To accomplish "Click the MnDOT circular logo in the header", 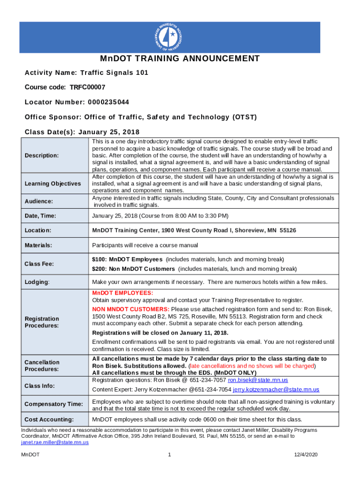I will (170, 37).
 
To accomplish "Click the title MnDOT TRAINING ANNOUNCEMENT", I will (180, 58).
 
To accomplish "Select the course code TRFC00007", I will (87, 87).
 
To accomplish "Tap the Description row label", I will (42, 155).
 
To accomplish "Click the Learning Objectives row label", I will (53, 184).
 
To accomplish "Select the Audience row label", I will (39, 201).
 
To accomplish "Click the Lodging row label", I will (37, 282).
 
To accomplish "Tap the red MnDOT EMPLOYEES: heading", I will (122, 293).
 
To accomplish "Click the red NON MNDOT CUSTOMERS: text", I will (130, 310).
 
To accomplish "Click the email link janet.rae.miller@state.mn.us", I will (55, 442).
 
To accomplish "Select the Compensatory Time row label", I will (54, 404).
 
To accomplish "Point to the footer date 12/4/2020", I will (306, 455).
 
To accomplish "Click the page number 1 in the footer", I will (170, 455).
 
